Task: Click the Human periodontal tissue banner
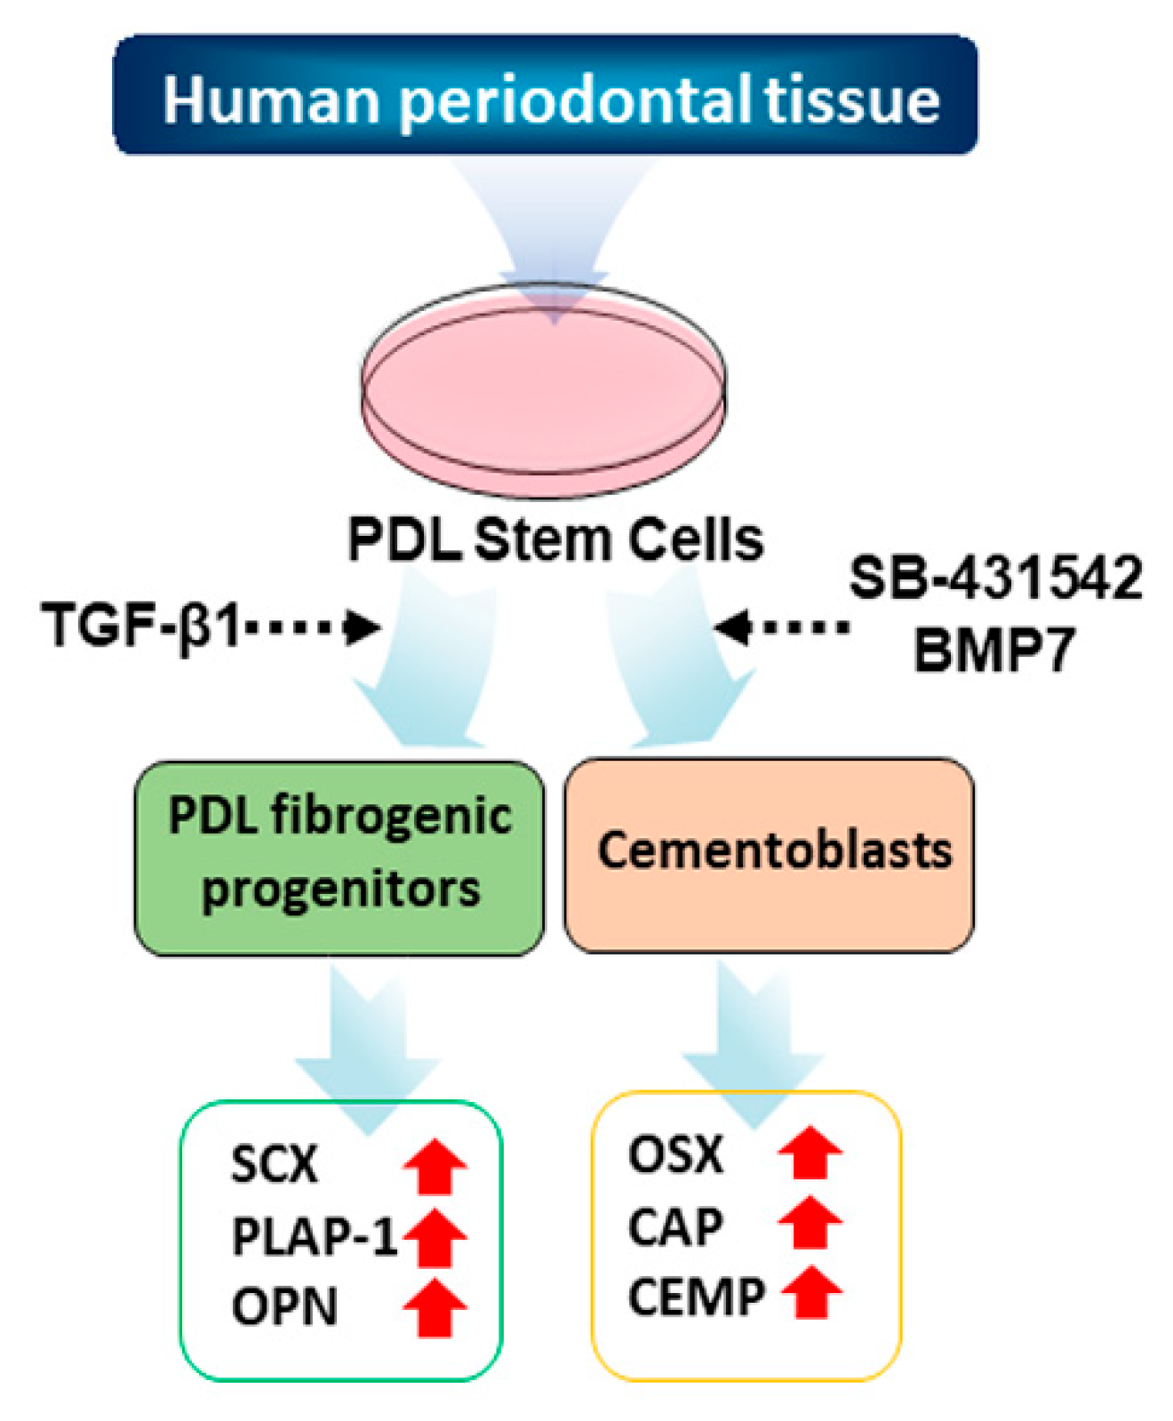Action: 545,96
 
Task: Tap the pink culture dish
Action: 543,391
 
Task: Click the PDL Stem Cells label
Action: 555,539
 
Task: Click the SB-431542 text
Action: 995,578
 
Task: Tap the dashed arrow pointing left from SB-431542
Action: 782,627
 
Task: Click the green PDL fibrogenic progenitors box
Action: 339,858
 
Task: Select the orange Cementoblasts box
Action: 770,854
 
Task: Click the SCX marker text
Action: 274,1163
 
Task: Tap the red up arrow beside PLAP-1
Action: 435,1237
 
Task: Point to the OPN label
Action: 284,1307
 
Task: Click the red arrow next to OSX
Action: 810,1153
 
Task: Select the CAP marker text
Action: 675,1227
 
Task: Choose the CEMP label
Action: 696,1297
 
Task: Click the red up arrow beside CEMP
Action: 811,1293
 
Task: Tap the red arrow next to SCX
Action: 435,1168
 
